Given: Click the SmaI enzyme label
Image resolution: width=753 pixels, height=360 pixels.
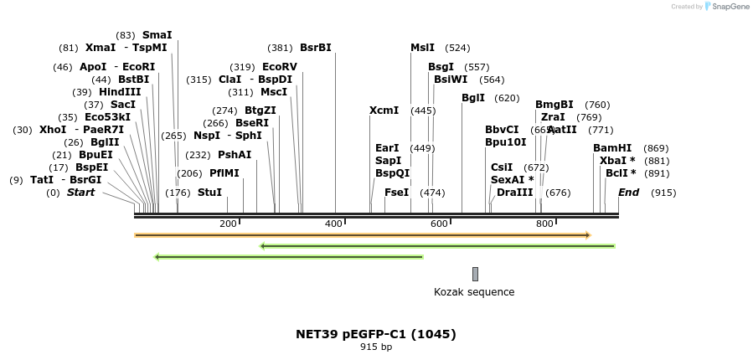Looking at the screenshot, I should pos(157,35).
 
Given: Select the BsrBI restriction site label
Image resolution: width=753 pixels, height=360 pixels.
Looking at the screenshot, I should pos(316,48).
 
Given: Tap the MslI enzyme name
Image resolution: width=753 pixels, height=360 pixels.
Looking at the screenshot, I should pos(422,48).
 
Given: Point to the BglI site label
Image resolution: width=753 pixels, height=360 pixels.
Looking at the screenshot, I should pos(473,98).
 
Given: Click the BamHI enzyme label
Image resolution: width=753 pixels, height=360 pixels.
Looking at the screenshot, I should pos(612,148).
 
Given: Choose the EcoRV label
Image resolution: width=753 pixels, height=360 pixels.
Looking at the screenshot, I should pos(280,67).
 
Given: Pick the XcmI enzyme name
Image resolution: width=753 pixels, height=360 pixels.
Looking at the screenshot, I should pos(384,111).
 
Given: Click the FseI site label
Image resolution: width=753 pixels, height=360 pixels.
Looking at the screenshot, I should pos(396,193).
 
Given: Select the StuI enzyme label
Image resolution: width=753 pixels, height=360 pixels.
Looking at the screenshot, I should pos(209,193).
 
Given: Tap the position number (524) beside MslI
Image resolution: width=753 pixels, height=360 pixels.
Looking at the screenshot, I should pos(457,48).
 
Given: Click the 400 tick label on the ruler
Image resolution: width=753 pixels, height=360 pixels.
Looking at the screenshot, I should pos(333,224).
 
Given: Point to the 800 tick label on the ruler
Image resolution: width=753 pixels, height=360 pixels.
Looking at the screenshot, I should pos(544,224).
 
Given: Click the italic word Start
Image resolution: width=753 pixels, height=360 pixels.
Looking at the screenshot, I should pos(80,193).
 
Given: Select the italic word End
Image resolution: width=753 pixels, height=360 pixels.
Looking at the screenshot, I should pos(628,193).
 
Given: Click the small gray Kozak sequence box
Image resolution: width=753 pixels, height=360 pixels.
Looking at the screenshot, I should pos(475,274).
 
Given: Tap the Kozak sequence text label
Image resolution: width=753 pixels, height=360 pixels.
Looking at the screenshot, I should pos(474,292).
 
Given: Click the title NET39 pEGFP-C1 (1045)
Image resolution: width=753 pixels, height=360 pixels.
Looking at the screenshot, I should pos(376,334).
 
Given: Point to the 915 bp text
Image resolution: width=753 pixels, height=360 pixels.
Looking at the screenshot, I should pos(376,347).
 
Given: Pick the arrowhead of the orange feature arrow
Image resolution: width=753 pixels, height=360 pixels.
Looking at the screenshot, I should pos(588,235).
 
